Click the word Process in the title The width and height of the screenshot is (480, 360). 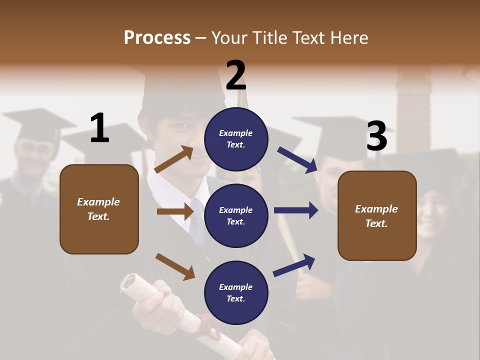[x=157, y=38]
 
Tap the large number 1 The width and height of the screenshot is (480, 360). [x=99, y=128]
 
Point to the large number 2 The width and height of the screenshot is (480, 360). [x=236, y=75]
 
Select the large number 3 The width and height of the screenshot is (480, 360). [x=376, y=136]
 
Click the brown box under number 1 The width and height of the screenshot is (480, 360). [x=99, y=209]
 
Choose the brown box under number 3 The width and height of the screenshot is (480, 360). [x=377, y=215]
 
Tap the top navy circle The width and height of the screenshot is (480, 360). [x=236, y=139]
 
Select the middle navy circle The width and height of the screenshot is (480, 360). [x=236, y=215]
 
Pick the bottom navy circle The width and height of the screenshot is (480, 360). [x=236, y=292]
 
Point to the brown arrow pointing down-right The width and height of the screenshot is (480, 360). [x=175, y=266]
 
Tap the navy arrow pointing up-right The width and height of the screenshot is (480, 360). [x=294, y=265]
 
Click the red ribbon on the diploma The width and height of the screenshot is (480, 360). [x=207, y=325]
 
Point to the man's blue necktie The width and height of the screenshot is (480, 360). [x=197, y=220]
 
